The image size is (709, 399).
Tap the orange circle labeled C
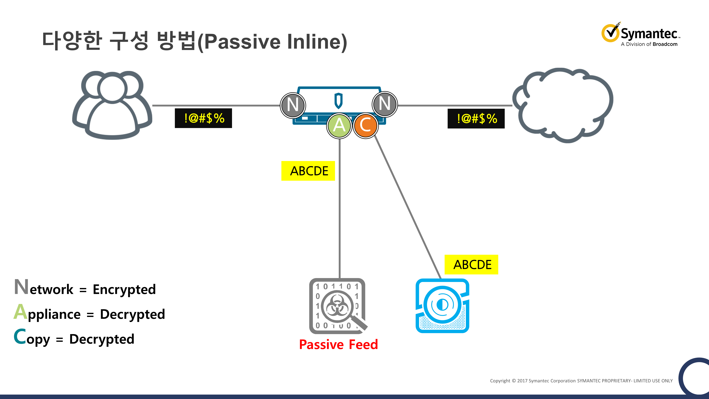365,126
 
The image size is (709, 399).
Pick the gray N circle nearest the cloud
385,104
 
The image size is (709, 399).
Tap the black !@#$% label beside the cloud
476,119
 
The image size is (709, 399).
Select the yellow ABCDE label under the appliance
308,171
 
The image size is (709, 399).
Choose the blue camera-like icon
442,306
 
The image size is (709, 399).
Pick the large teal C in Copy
20,337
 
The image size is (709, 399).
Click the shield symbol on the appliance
338,101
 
